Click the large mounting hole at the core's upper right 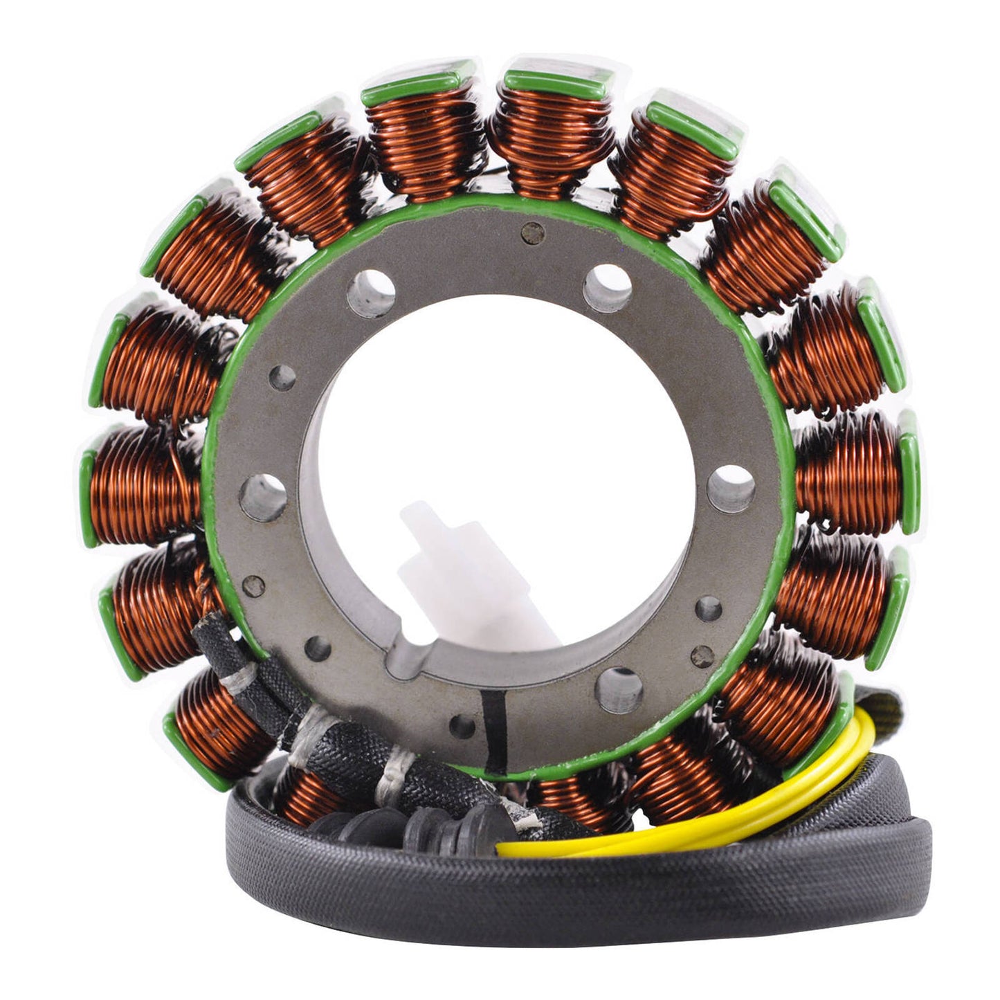click(607, 287)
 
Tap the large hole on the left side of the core click(263, 498)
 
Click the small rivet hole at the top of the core click(532, 234)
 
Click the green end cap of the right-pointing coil click(909, 473)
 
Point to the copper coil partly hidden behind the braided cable click(304, 796)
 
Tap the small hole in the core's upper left click(282, 377)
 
